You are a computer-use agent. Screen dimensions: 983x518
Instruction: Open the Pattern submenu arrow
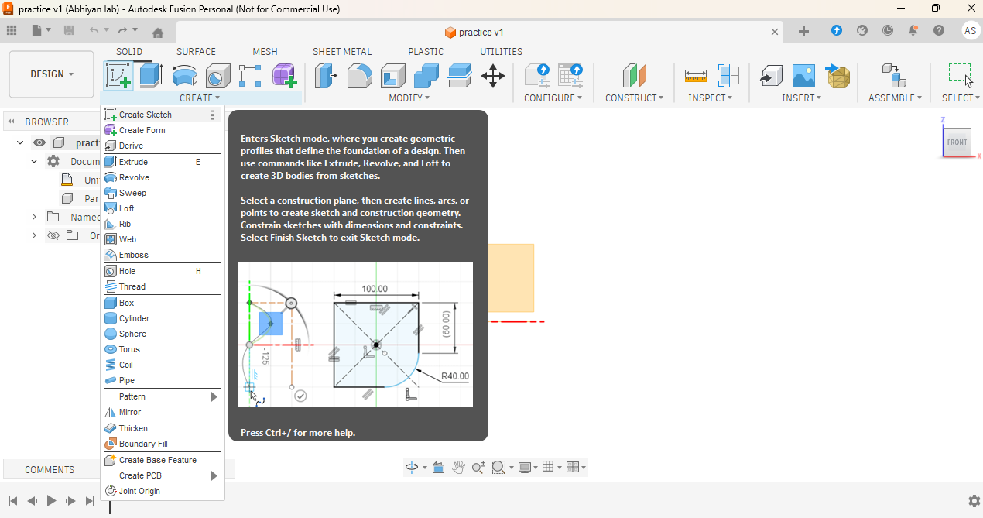click(214, 397)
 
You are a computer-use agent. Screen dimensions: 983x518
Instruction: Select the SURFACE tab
click(196, 52)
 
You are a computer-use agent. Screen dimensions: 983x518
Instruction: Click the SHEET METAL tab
click(342, 52)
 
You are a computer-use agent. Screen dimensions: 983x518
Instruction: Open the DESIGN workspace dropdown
click(51, 74)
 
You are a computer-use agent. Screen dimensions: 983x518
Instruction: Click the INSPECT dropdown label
click(710, 98)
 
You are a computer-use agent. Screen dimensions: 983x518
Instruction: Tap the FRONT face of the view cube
click(957, 142)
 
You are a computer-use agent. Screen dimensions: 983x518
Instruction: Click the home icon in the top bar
click(158, 32)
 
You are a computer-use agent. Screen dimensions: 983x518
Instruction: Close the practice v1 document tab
click(775, 32)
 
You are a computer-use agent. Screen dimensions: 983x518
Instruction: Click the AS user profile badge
click(971, 31)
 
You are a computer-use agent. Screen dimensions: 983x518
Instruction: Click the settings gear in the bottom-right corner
click(974, 501)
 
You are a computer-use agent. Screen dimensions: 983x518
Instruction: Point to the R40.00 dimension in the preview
click(454, 376)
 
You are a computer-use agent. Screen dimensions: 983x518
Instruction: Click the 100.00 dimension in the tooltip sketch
click(375, 289)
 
